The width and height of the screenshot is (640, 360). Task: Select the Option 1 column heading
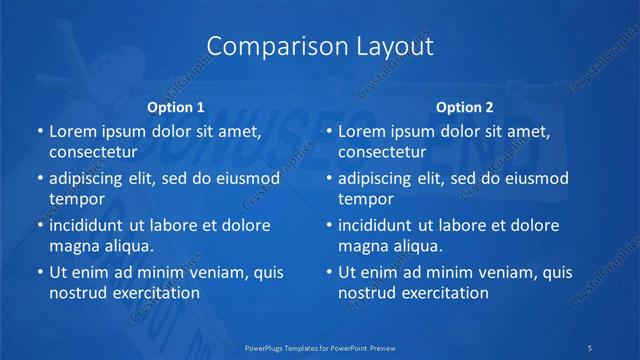click(176, 107)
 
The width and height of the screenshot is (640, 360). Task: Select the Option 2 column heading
click(465, 107)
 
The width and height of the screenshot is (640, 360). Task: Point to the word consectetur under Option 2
click(381, 152)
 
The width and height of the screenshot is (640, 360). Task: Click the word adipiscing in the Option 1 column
click(90, 178)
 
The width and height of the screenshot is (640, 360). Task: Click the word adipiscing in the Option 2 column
click(379, 178)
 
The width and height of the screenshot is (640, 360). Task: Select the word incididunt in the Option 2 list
click(379, 225)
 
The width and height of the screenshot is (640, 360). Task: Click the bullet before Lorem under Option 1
click(39, 132)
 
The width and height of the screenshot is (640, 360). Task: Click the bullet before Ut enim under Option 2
click(328, 272)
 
